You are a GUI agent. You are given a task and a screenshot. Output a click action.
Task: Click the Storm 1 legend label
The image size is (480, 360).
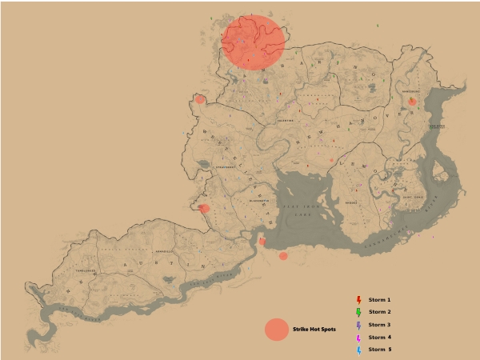coord(379,299)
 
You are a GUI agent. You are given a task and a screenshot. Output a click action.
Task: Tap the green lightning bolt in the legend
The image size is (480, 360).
coord(358,312)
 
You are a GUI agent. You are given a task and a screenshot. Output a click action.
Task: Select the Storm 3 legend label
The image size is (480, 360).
coord(379,325)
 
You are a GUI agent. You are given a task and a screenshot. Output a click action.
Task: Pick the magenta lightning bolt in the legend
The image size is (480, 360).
coord(358,338)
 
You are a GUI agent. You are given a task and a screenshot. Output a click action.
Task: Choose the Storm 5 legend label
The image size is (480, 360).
coord(379,350)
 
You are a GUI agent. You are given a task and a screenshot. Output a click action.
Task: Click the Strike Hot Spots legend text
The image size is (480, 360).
coord(314,329)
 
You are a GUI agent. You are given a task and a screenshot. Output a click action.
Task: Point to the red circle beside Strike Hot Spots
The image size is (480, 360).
coord(276,330)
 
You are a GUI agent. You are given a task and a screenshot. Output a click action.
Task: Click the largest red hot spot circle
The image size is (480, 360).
coord(253,42)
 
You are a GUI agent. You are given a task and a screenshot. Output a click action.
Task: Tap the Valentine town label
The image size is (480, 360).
coord(286,121)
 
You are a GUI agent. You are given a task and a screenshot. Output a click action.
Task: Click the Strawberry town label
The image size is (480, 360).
coord(226,167)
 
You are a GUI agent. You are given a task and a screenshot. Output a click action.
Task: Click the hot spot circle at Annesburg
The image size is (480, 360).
coord(412,102)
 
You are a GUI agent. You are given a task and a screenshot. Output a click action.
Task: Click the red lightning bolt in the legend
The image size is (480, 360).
coord(358,299)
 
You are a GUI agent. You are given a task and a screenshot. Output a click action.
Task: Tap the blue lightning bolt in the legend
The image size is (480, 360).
coord(358,350)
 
